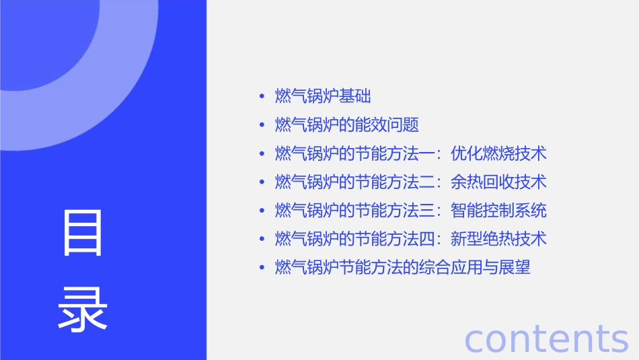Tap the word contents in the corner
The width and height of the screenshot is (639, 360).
coord(546,338)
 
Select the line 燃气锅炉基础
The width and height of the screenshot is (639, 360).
coord(323,96)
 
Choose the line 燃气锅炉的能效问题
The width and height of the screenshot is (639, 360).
coord(347,125)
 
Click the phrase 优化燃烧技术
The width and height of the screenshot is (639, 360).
coord(498,153)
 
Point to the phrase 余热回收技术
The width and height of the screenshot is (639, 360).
coord(498,182)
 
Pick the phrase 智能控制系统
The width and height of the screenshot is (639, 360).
coord(498,211)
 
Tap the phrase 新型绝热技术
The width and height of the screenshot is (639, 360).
coord(498,239)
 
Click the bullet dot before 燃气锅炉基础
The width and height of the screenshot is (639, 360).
coord(262,97)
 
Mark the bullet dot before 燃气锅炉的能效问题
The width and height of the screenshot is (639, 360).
coord(262,126)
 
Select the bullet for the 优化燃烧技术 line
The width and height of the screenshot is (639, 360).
coord(262,154)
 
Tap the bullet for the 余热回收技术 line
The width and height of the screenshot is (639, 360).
coord(262,182)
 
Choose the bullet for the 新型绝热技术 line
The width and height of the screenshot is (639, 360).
coord(262,240)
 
